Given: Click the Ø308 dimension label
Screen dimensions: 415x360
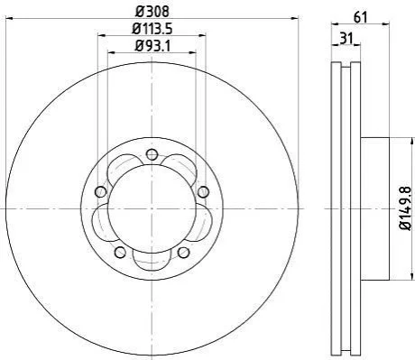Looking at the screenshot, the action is click(x=152, y=12).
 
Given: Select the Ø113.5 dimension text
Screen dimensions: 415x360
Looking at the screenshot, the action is click(x=152, y=29).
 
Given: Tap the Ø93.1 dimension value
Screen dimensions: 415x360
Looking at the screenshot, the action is click(x=152, y=46).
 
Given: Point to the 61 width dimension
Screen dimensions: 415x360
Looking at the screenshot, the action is click(x=361, y=18).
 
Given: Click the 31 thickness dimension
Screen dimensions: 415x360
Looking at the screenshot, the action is click(x=346, y=39).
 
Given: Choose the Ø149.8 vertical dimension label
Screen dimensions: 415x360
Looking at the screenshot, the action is click(x=405, y=208).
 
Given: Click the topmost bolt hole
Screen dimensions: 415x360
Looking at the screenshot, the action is click(x=152, y=155).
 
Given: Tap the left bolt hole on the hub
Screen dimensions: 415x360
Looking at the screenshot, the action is click(x=101, y=191).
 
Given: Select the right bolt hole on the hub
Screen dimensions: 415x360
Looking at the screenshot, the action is click(x=203, y=191).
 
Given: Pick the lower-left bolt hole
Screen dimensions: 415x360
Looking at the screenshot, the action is click(x=120, y=252).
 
